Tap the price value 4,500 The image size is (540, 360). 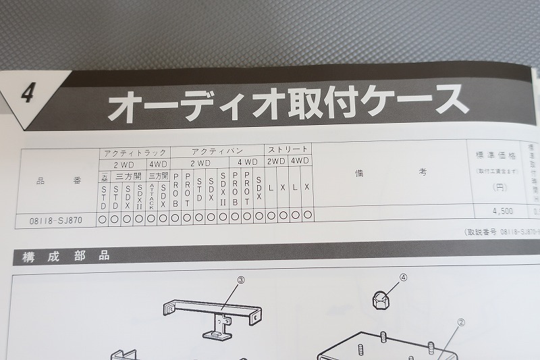point(503,211)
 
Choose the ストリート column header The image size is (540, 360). point(288,150)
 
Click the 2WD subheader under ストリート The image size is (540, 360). point(276,162)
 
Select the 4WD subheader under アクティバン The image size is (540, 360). point(247,163)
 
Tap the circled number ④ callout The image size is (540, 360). point(404,277)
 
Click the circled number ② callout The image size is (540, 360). point(462,323)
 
